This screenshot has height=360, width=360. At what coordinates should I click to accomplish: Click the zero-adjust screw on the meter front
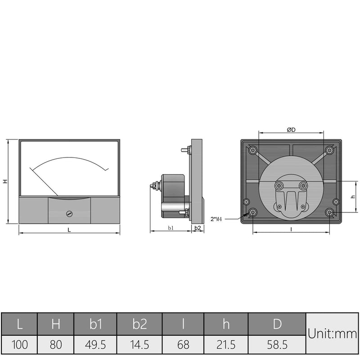tap(69, 214)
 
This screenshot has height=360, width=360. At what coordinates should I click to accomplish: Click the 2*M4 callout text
tap(216, 219)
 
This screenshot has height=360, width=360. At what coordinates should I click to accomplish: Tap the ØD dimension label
tap(291, 130)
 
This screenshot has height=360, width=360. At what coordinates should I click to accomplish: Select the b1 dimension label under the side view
tap(171, 228)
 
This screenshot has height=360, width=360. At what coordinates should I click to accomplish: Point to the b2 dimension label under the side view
tap(198, 228)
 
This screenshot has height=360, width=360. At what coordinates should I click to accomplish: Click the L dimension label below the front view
tap(69, 230)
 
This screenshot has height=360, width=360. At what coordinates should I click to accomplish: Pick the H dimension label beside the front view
tap(5, 181)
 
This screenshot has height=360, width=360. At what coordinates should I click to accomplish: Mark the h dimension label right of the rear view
tap(353, 197)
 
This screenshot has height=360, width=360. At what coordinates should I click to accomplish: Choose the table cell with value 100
tap(19, 345)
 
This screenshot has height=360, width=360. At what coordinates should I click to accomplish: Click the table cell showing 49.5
tap(95, 345)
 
